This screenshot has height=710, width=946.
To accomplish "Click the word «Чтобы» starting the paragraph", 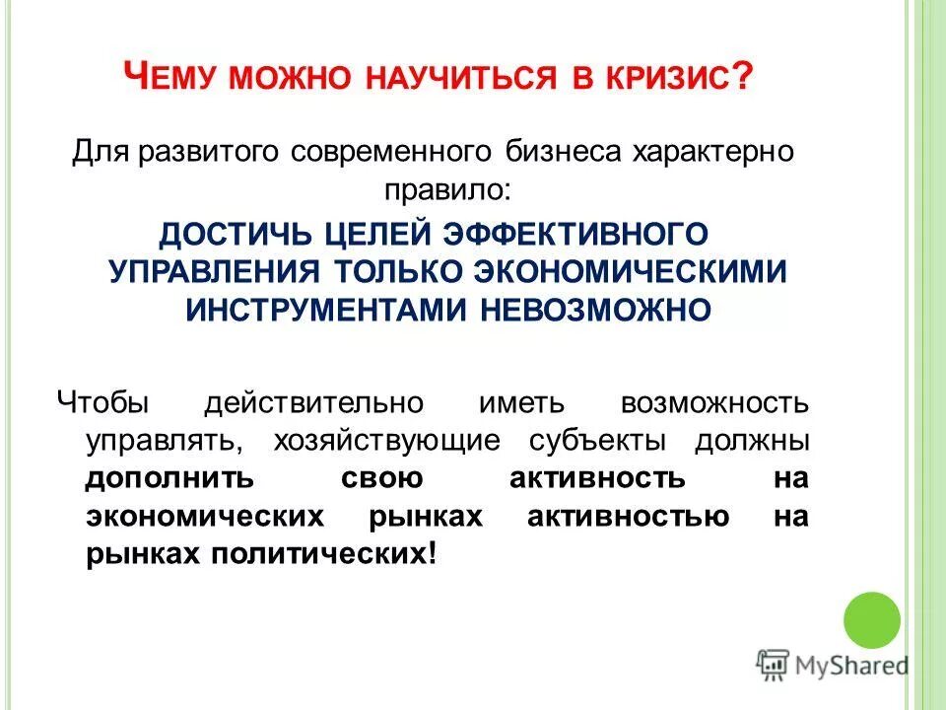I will (102, 403).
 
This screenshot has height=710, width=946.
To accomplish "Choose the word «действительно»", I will (313, 403).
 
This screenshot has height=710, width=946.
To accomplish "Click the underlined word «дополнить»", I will (169, 478).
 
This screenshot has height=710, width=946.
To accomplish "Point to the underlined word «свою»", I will (382, 478).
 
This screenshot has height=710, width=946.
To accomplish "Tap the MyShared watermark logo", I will (833, 665).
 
